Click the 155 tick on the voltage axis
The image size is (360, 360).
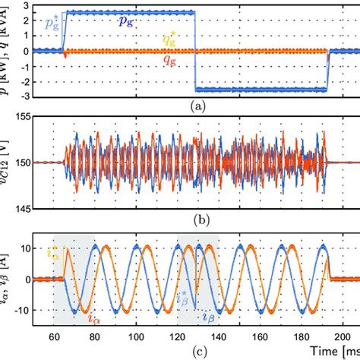coord(24,116)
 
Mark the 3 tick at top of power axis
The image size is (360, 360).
coord(27,5)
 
